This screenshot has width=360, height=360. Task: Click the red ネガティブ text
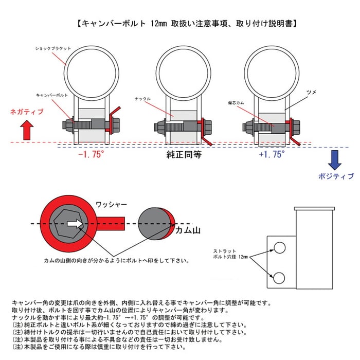[27, 112]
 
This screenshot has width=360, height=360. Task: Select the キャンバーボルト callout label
[51, 95]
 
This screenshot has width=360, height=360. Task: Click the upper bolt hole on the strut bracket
[280, 248]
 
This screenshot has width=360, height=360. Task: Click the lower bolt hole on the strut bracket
[280, 278]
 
